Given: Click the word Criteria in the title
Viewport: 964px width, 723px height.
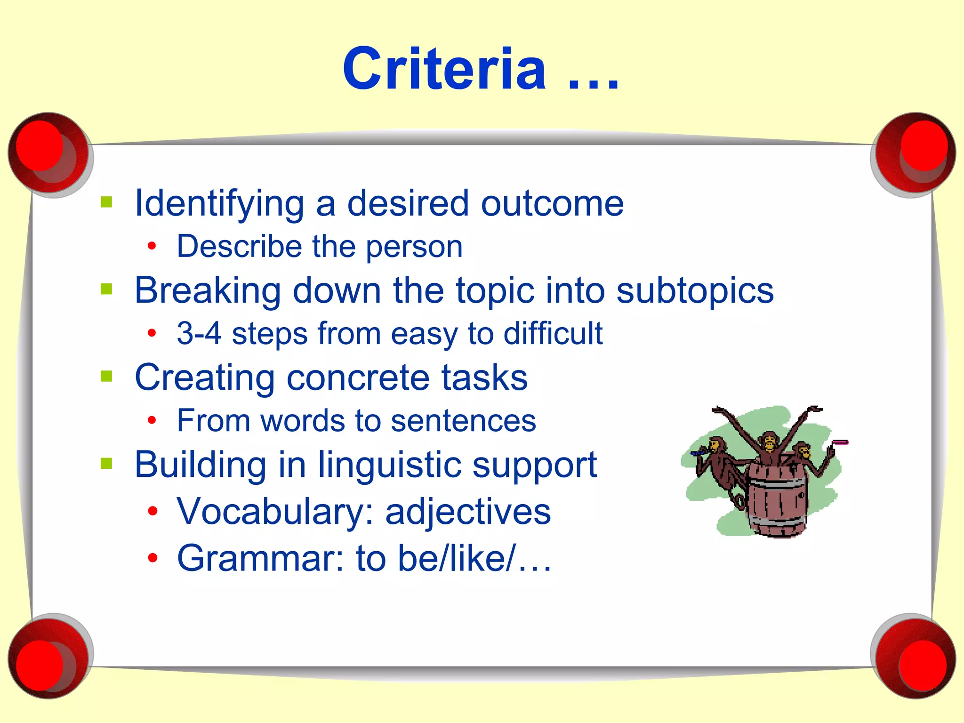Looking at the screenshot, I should point(444,70).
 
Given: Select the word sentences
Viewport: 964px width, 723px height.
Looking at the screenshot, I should point(463,420).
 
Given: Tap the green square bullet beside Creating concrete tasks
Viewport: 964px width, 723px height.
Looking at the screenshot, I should point(107,377).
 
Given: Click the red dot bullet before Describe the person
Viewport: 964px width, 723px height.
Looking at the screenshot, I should point(152,246).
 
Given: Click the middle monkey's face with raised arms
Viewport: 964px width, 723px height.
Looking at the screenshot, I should point(769,442).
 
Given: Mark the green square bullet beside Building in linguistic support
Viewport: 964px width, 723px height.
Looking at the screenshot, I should point(107,464).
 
